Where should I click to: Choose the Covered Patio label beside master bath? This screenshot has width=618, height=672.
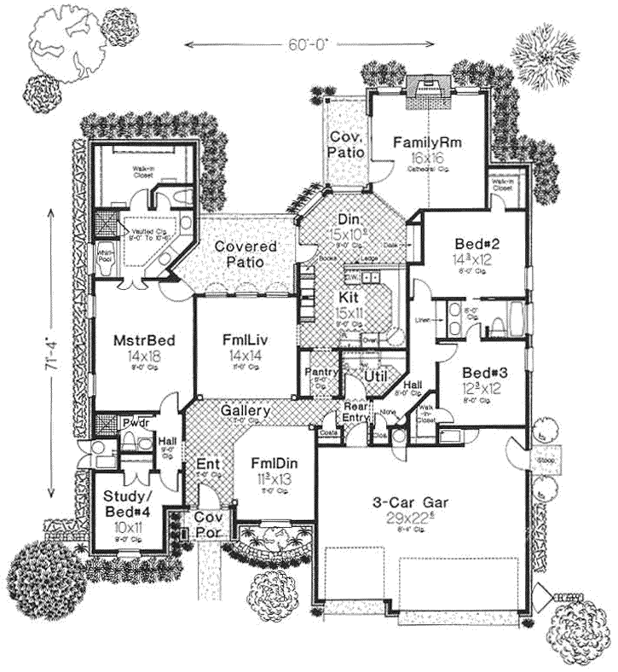245,253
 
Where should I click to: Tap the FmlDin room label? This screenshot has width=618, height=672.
273,461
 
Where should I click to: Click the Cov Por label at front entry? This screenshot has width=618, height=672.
205,524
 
